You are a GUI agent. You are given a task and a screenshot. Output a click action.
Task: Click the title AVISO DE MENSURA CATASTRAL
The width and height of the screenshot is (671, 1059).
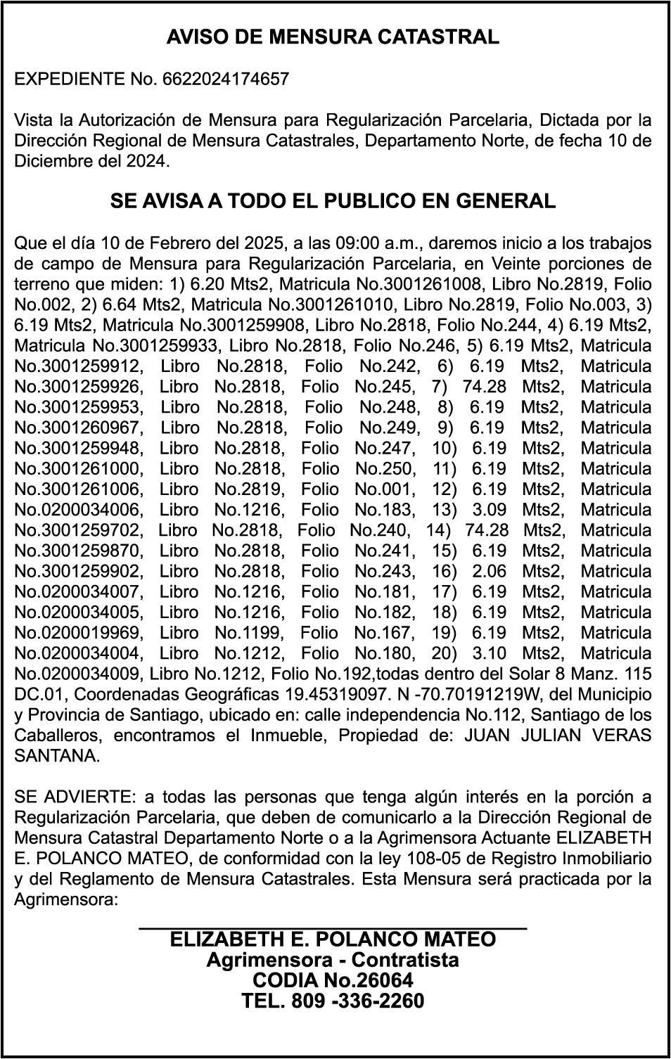click(333, 37)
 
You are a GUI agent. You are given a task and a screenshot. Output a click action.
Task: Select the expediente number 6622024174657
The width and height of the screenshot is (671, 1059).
click(226, 79)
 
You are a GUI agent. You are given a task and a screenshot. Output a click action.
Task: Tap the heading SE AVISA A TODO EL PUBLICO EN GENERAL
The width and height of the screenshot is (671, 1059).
click(333, 201)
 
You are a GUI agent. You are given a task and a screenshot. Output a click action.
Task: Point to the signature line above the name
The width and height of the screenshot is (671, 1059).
click(333, 929)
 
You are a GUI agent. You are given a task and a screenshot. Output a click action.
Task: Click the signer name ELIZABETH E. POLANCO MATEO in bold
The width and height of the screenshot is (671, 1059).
click(333, 939)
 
